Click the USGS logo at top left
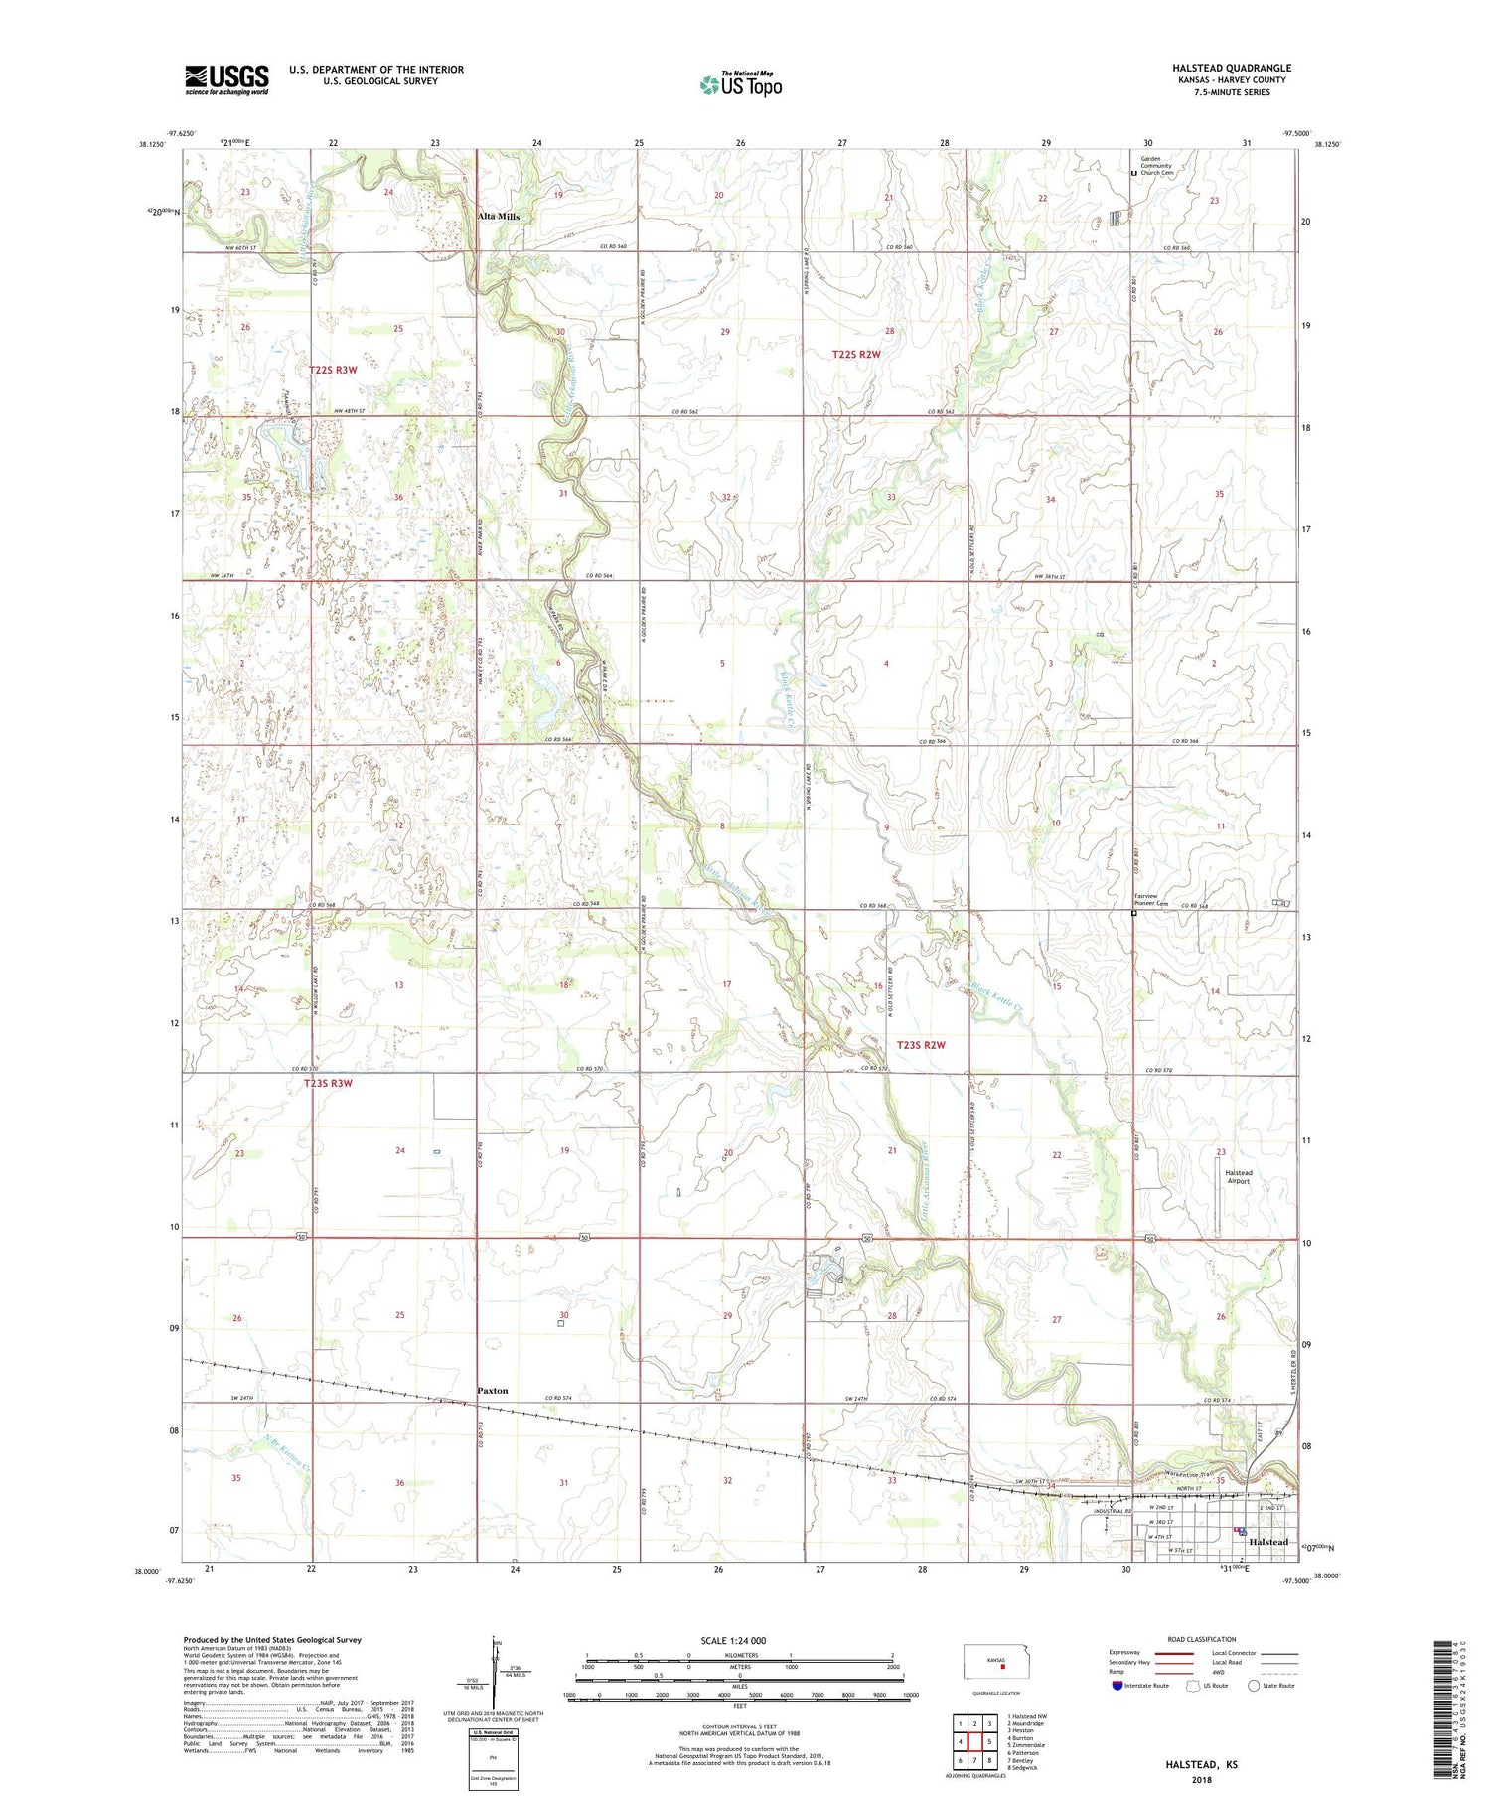(226, 79)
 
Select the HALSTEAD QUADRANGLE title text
(1231, 68)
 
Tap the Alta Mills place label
(499, 216)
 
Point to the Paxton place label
(492, 1390)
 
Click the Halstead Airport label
(1238, 1177)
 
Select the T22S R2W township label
(856, 354)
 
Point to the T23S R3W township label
(328, 1083)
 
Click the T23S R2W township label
(921, 1045)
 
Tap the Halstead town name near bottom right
(1268, 1542)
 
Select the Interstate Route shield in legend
(1117, 1685)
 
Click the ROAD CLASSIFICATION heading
(1202, 1640)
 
